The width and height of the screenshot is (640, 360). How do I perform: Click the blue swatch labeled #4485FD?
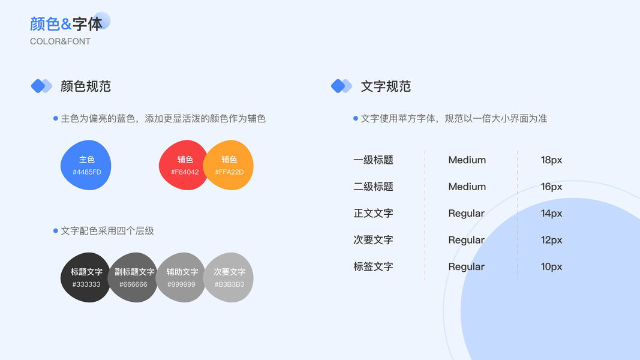tap(86, 165)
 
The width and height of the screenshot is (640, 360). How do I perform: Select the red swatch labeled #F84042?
tap(182, 165)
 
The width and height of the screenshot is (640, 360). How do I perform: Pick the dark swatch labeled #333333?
tap(86, 277)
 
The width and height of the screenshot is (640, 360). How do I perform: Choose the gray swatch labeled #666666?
tap(134, 277)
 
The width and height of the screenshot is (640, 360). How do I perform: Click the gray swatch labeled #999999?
tap(181, 277)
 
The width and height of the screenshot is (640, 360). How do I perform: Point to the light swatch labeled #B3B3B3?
tap(230, 277)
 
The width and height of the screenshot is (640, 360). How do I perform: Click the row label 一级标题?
tap(373, 160)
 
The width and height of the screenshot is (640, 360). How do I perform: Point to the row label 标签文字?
tap(373, 266)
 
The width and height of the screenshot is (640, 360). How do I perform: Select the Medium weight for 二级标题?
tap(467, 187)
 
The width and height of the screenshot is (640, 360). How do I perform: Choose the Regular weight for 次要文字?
tap(466, 240)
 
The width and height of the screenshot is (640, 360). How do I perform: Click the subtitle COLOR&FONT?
tap(60, 41)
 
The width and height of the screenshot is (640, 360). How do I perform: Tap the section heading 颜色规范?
tap(86, 86)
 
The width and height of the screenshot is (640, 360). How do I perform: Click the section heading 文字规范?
tap(386, 86)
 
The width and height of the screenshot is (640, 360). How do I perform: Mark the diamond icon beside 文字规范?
tap(341, 86)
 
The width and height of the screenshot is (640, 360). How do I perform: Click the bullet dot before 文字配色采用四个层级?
tap(56, 230)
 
